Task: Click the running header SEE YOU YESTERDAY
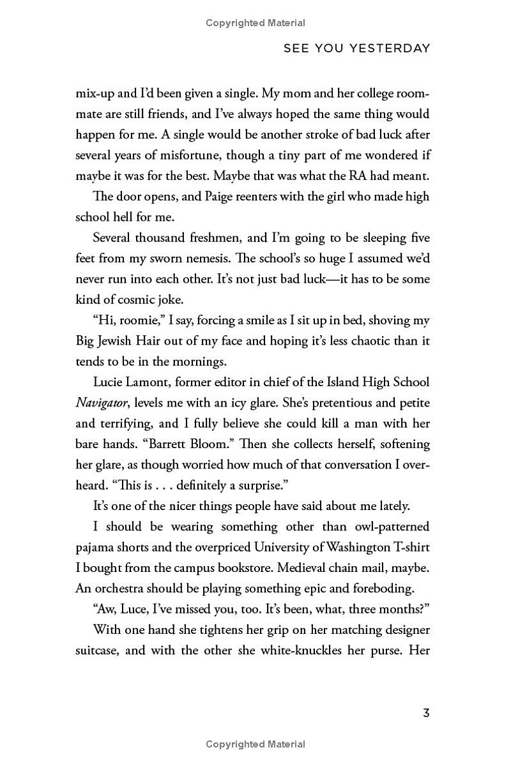click(357, 49)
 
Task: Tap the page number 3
click(426, 712)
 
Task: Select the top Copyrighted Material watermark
click(256, 23)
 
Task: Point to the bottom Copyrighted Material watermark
click(256, 744)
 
